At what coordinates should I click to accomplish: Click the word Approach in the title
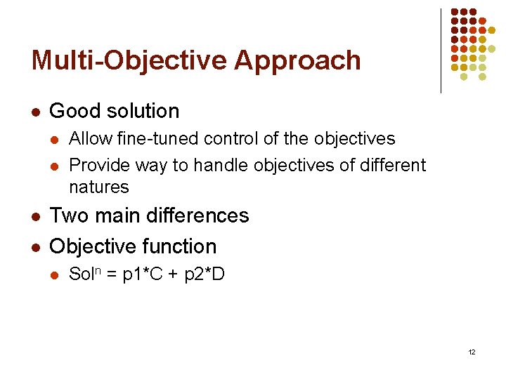point(297,61)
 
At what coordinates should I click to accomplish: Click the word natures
point(99,187)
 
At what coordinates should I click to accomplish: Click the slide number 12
point(471,351)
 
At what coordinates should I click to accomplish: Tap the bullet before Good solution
point(35,112)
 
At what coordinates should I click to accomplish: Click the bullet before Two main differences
point(35,216)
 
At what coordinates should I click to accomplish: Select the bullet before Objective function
point(35,247)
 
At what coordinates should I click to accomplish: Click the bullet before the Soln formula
point(56,274)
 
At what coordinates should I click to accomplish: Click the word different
point(394,165)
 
